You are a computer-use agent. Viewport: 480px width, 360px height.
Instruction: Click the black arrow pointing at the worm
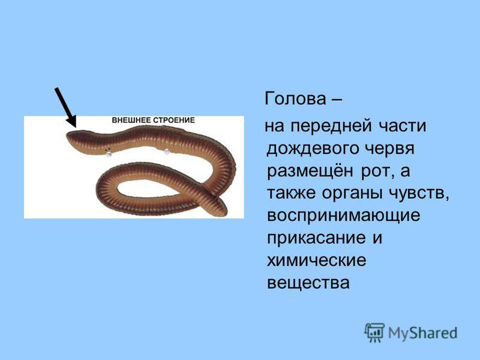[65, 107]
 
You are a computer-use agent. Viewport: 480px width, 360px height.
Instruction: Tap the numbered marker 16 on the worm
[109, 154]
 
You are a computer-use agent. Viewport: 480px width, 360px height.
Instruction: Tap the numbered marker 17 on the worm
[167, 151]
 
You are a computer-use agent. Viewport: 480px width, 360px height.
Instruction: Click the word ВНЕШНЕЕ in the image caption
[131, 120]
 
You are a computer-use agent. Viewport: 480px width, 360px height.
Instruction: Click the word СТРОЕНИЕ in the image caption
[174, 120]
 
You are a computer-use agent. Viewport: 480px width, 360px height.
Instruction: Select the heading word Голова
[295, 98]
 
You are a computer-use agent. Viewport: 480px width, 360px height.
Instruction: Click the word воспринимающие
[343, 216]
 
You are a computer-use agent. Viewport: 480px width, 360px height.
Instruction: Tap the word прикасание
[316, 238]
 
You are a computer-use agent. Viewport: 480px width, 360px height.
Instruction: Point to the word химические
[317, 260]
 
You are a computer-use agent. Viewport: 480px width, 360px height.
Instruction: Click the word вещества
[308, 283]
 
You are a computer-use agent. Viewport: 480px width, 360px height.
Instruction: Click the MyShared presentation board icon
[374, 332]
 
